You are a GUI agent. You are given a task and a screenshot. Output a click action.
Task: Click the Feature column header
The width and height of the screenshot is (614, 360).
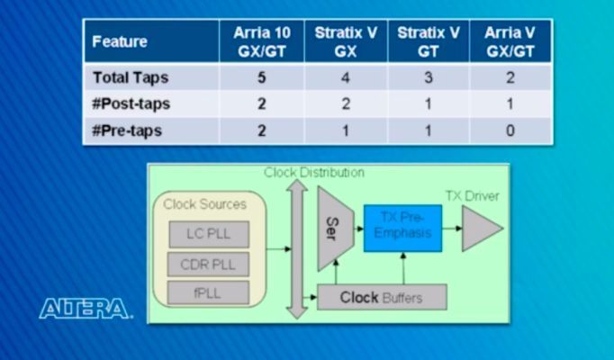(x=120, y=42)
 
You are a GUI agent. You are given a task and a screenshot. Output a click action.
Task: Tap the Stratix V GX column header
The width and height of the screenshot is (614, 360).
(x=346, y=42)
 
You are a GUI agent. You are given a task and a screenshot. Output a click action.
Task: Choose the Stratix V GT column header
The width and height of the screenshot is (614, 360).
(x=429, y=42)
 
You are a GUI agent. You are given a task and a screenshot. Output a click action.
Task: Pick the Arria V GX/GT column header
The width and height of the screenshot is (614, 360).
(x=510, y=42)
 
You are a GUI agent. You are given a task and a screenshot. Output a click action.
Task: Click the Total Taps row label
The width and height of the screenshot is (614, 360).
(x=131, y=77)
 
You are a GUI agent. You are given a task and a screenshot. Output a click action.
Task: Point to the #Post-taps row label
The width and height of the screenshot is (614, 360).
(x=131, y=103)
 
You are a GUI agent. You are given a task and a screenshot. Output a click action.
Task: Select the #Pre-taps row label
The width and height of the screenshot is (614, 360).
(x=127, y=130)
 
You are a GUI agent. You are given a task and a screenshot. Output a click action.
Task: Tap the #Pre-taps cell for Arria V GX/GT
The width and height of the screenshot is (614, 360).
(x=510, y=130)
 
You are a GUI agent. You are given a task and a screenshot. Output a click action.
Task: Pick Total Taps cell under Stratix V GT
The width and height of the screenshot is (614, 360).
(x=429, y=77)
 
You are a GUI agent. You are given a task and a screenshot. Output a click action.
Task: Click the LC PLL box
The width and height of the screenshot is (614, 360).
(x=208, y=235)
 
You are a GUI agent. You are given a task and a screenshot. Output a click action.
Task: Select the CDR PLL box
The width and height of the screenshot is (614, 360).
(x=208, y=264)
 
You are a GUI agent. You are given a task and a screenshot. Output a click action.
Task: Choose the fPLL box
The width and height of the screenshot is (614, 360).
(x=208, y=292)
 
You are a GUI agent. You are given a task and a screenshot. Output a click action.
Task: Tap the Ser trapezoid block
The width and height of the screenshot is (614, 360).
(x=332, y=229)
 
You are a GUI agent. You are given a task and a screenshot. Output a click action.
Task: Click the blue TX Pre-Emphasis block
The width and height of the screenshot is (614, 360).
(x=402, y=228)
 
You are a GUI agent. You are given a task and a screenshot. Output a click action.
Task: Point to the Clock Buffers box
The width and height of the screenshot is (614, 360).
(x=382, y=296)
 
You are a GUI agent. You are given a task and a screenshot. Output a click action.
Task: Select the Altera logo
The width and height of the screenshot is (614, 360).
(x=85, y=309)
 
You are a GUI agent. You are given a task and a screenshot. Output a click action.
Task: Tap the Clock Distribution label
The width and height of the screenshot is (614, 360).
(x=314, y=172)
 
